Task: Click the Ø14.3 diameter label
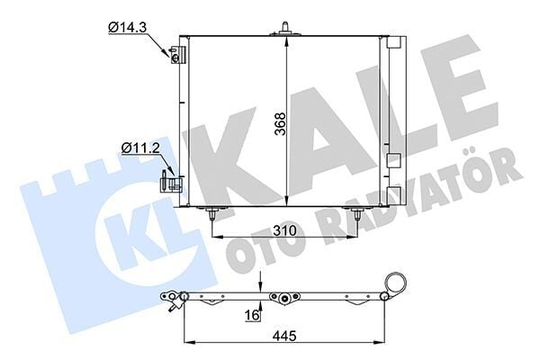click(127, 27)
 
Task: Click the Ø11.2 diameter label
click(141, 148)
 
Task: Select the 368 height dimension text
click(281, 123)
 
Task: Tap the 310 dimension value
click(284, 230)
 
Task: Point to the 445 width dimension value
click(285, 335)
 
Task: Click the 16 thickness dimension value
click(252, 314)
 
